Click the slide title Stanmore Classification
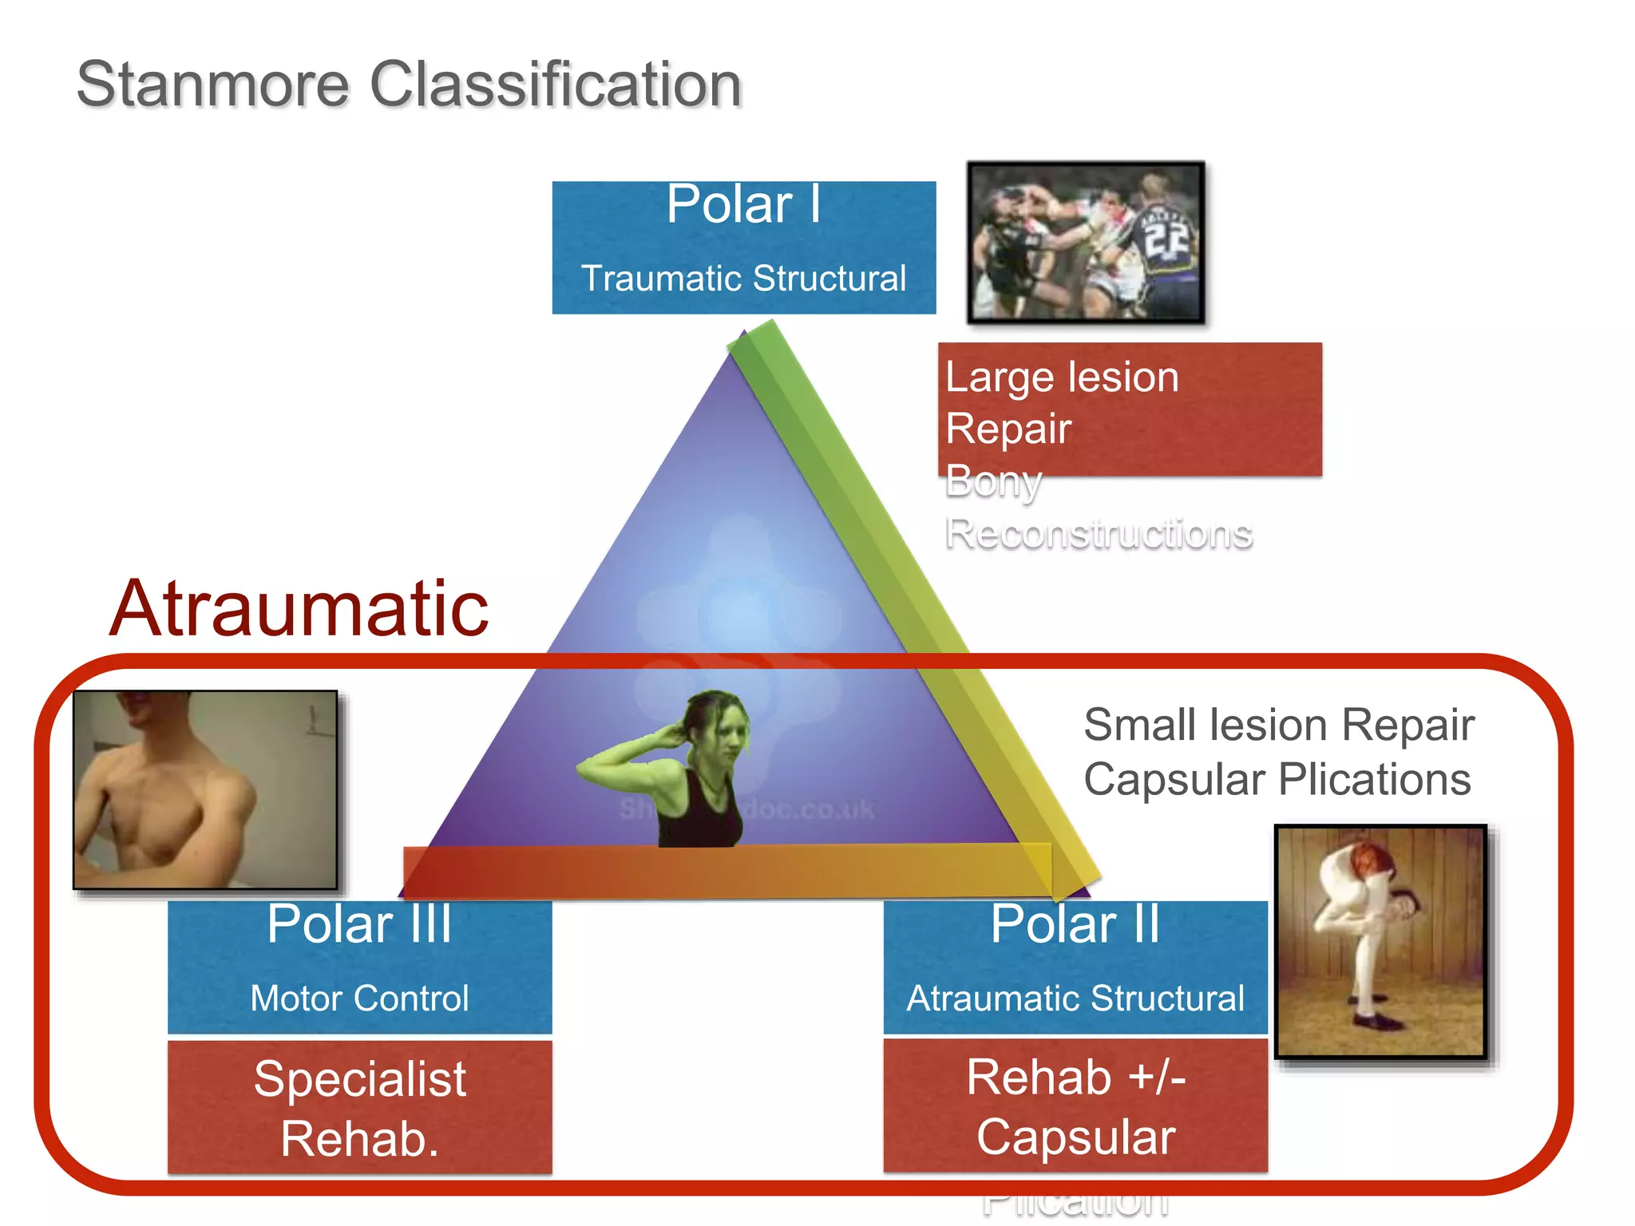[x=409, y=85]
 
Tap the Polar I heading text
[x=743, y=204]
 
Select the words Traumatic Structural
[x=743, y=279]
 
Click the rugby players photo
[x=1086, y=243]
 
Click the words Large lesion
[x=1062, y=377]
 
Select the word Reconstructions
[x=1099, y=533]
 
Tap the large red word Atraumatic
[x=299, y=609]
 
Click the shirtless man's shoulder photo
[x=205, y=789]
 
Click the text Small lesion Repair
[x=1278, y=725]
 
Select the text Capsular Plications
[x=1277, y=779]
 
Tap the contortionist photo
[x=1380, y=942]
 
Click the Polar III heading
[x=359, y=924]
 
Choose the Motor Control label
[x=359, y=999]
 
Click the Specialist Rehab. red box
[x=359, y=1107]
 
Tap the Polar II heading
[x=1075, y=924]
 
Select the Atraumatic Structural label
[x=1075, y=999]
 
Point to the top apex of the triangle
[x=743, y=335]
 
